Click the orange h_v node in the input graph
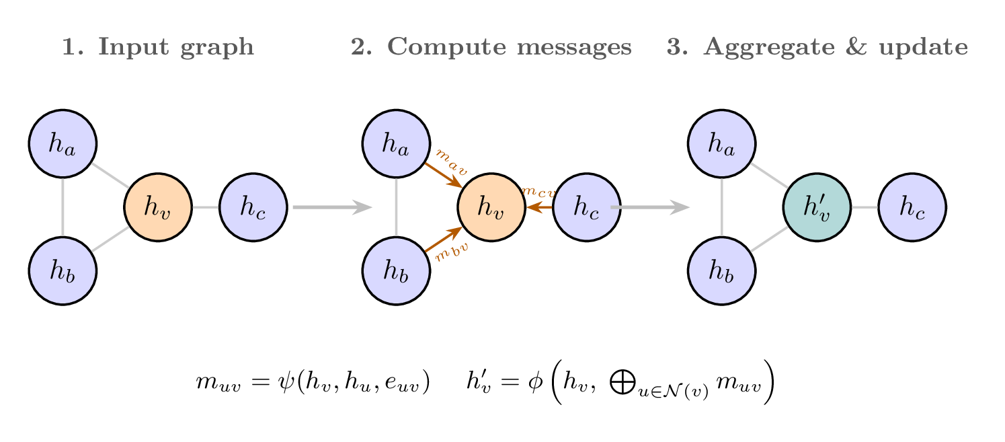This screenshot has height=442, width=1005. pos(158,207)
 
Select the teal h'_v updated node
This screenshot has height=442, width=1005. pos(817,207)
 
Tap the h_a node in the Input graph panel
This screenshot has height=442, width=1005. pos(63,143)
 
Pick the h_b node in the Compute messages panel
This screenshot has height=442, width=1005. pos(397,270)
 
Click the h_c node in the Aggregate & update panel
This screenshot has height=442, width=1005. pos(912,207)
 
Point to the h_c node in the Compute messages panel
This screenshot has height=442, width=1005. pos(587,207)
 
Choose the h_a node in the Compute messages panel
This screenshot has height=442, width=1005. pos(397,143)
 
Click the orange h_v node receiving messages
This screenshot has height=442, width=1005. pos(491,207)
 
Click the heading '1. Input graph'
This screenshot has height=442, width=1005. pos(158,47)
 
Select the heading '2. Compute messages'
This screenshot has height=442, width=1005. pos(491,47)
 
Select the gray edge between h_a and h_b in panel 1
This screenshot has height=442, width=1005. pos(63,207)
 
